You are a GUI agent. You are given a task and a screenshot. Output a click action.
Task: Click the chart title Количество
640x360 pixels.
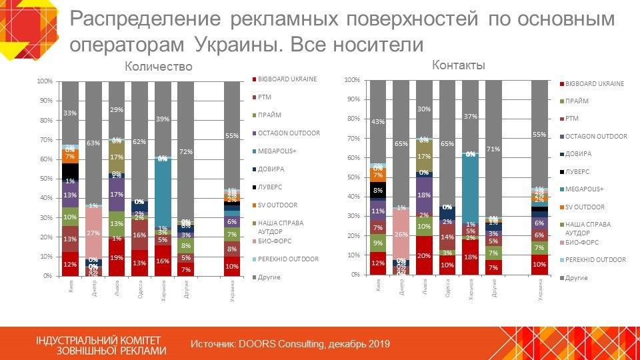coord(159,67)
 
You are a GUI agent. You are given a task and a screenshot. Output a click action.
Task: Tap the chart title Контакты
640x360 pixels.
coord(458,65)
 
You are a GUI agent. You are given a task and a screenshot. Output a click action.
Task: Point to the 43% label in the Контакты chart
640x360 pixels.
coord(378,122)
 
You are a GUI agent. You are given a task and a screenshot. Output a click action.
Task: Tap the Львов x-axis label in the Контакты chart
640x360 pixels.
coord(425,289)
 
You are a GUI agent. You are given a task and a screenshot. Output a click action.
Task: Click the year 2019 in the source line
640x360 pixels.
coord(378,344)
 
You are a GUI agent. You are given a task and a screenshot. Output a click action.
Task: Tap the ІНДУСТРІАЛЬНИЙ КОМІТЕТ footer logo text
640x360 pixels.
coord(99,340)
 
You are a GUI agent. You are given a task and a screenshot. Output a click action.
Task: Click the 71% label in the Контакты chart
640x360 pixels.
coord(494,149)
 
